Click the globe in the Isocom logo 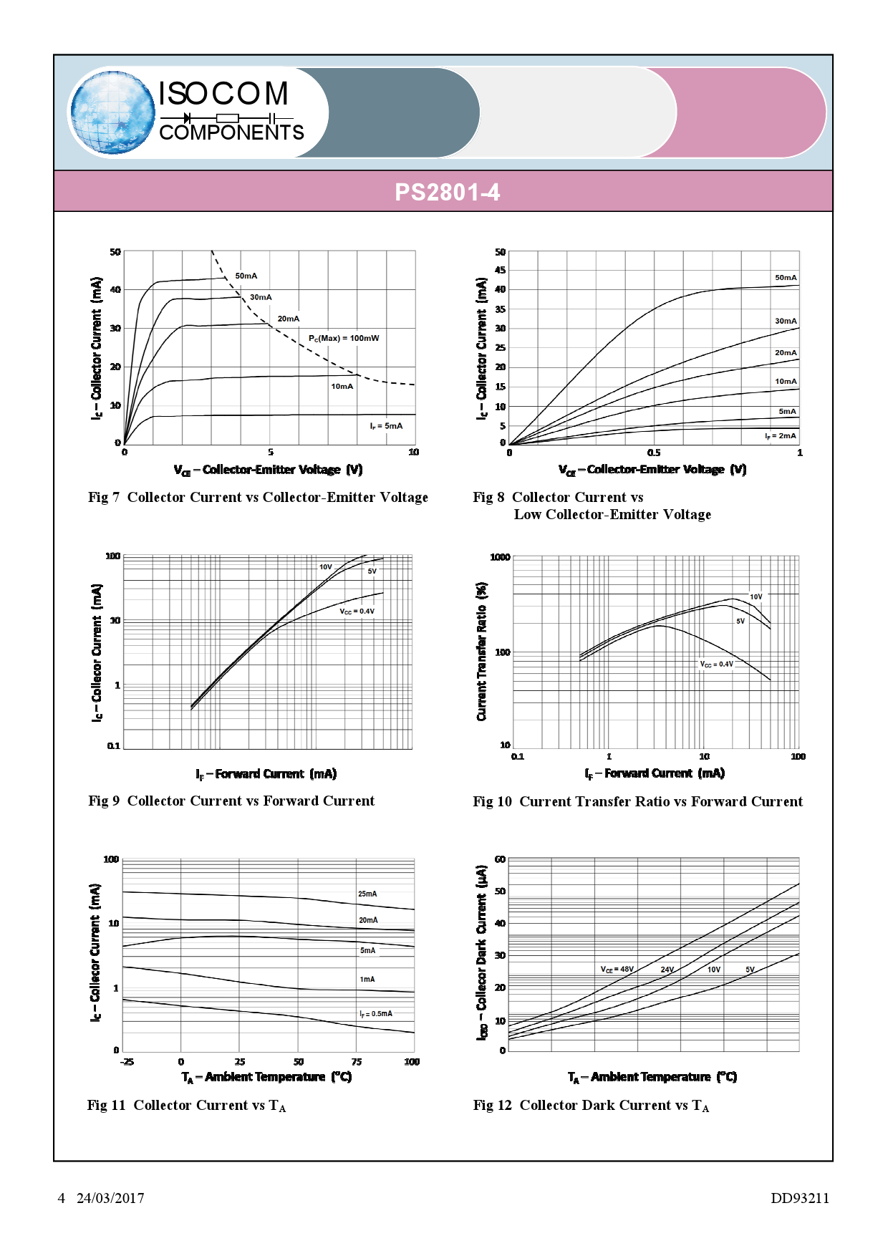[x=112, y=112]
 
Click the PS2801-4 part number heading [x=447, y=192]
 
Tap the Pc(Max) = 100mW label [x=344, y=338]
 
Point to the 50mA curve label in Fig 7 [x=246, y=276]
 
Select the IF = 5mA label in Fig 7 [x=386, y=425]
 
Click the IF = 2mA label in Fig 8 [x=780, y=435]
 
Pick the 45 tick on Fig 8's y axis [x=500, y=270]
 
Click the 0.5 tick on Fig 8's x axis [x=654, y=453]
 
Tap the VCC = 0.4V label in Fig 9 [x=357, y=611]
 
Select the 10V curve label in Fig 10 [x=756, y=596]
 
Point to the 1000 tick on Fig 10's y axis [x=500, y=557]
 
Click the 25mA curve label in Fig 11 [x=367, y=894]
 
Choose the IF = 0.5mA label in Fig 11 [x=376, y=1013]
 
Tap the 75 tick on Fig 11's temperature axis [x=357, y=1061]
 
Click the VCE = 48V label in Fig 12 [x=617, y=969]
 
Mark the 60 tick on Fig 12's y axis [x=500, y=859]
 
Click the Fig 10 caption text [x=637, y=801]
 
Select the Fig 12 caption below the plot [x=591, y=1105]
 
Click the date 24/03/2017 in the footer [x=110, y=1198]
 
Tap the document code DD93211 [x=799, y=1198]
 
